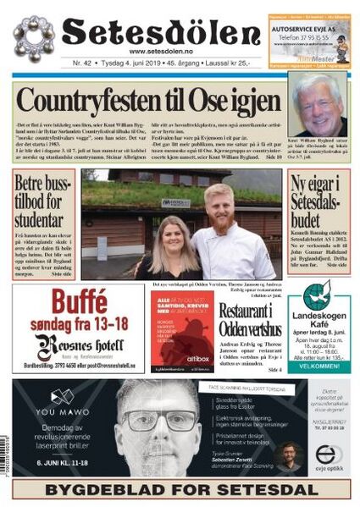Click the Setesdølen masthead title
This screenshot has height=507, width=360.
(x=161, y=31)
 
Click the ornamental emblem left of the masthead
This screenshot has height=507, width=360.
(x=34, y=36)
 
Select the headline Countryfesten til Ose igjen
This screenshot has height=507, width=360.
(x=148, y=100)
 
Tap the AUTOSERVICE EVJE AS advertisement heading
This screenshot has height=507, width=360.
(x=309, y=27)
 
